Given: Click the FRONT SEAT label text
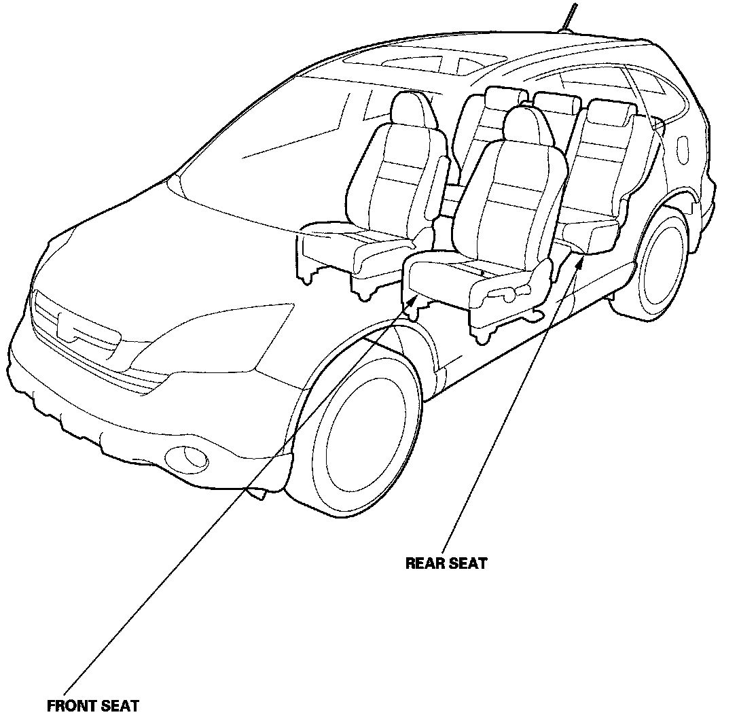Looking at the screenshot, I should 93,705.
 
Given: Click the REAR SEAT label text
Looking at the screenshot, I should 446,563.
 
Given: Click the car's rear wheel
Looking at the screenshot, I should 662,265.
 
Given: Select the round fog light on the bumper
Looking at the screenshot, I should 190,458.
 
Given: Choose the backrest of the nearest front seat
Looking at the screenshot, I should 509,197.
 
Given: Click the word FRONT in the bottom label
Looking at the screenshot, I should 71,705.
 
